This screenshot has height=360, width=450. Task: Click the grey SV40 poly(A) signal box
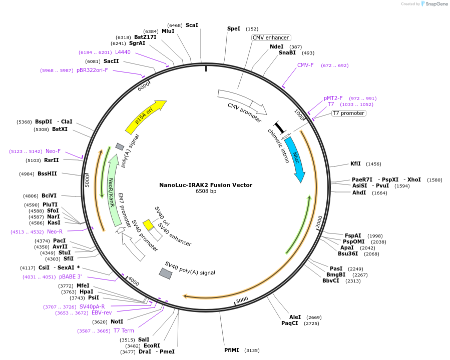[166, 273]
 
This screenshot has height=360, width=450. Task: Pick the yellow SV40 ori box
[148, 224]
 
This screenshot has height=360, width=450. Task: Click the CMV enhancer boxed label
[271, 37]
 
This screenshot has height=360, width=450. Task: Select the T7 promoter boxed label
[348, 113]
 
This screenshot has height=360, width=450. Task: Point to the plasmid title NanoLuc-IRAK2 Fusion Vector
[206, 185]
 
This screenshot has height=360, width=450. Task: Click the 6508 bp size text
[206, 191]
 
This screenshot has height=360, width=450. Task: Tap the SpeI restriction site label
[234, 29]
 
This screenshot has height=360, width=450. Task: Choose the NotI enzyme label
[117, 321]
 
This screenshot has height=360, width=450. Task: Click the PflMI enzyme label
[232, 350]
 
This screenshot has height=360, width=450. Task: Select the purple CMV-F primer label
[305, 65]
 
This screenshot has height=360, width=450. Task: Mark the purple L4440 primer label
[123, 52]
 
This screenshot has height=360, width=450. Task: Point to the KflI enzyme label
[355, 163]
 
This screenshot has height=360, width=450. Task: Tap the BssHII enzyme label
[47, 174]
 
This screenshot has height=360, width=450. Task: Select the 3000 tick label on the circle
[242, 299]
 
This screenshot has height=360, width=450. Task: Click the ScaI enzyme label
[192, 25]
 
